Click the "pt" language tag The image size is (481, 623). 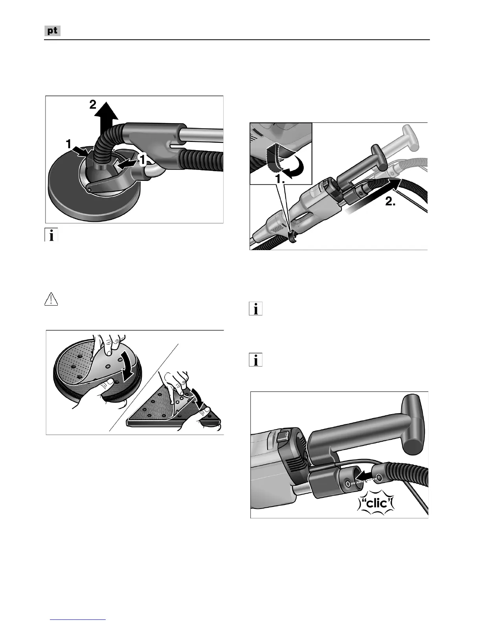(52, 31)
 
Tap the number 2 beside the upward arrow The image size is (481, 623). (92, 105)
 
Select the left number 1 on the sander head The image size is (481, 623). (68, 144)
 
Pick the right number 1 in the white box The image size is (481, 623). (142, 160)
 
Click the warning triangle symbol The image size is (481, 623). (51, 299)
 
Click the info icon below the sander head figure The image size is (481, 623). (51, 235)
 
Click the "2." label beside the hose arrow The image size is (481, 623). (390, 201)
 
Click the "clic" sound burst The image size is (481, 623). (376, 504)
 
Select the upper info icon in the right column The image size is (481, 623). (255, 309)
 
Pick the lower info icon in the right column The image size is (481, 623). (255, 360)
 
